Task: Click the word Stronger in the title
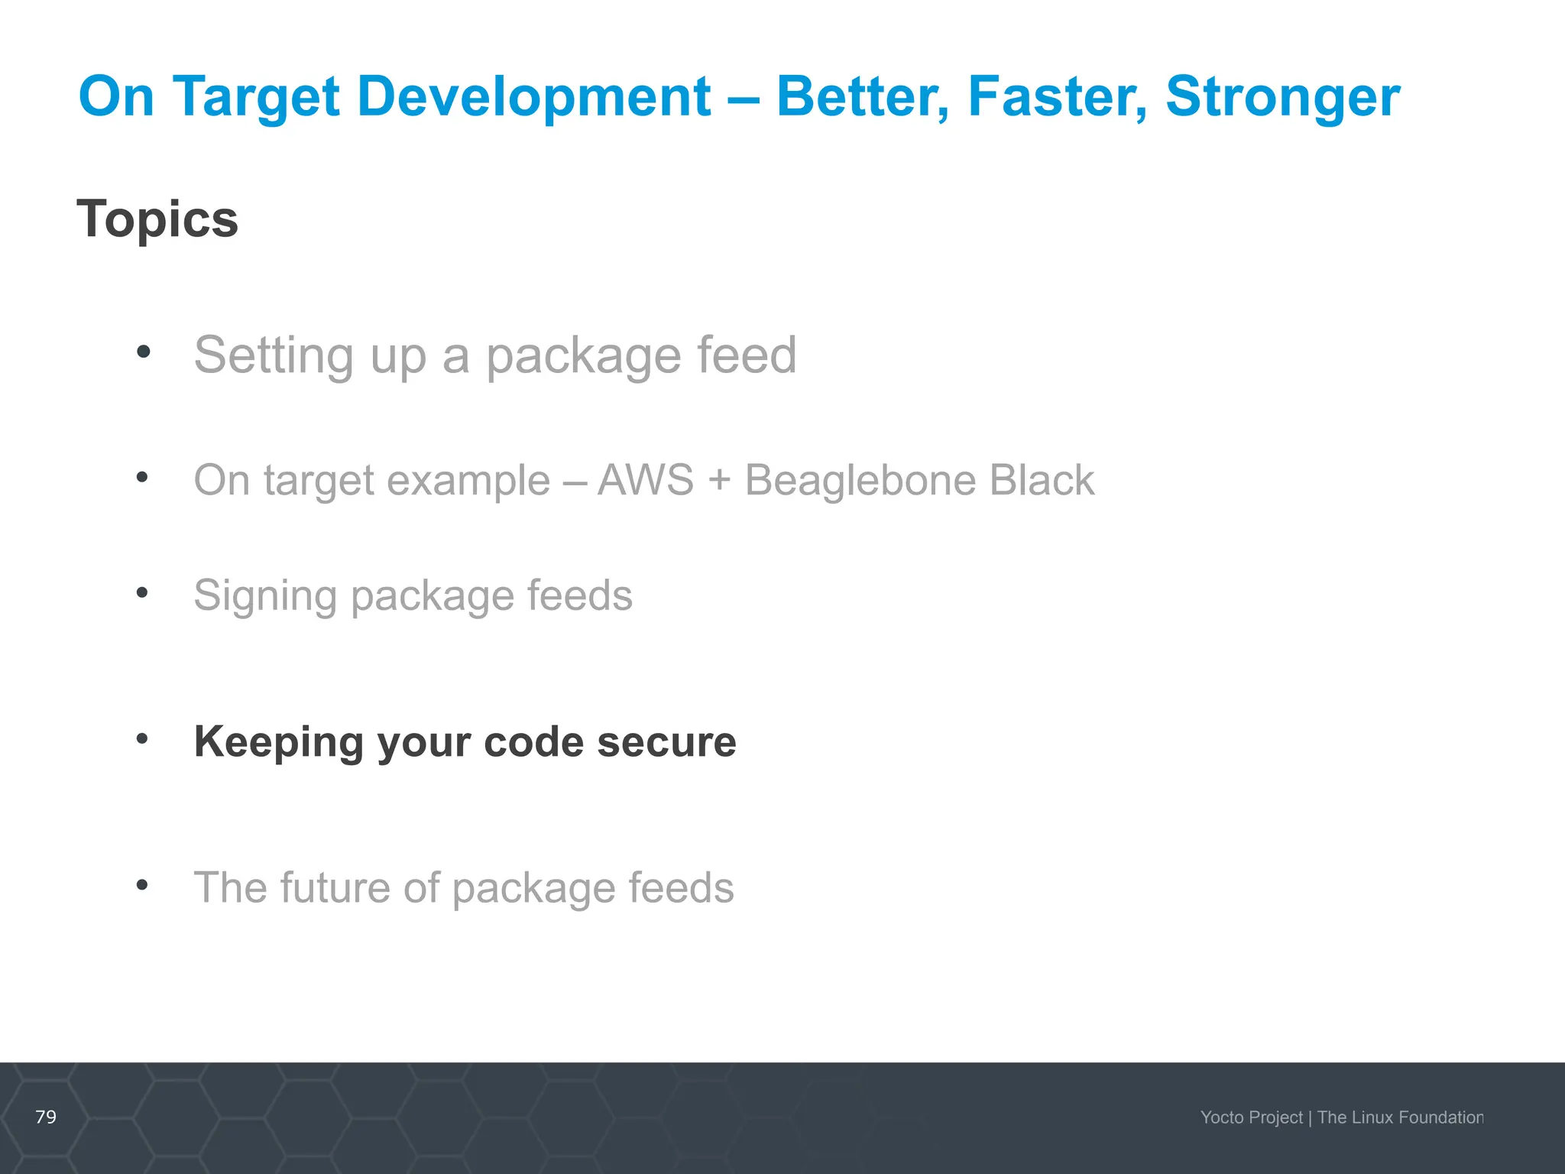coord(1282,98)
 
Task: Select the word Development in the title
coord(534,98)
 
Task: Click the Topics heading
coord(157,219)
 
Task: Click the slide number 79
coord(46,1117)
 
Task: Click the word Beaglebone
coord(859,480)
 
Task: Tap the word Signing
coord(265,596)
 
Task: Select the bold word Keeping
coord(278,742)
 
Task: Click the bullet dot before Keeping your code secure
coord(142,738)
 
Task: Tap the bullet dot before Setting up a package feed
coord(143,352)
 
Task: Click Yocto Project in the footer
coord(1251,1117)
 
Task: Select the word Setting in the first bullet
coord(274,355)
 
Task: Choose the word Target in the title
coord(257,98)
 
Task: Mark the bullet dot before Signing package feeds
coord(142,592)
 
